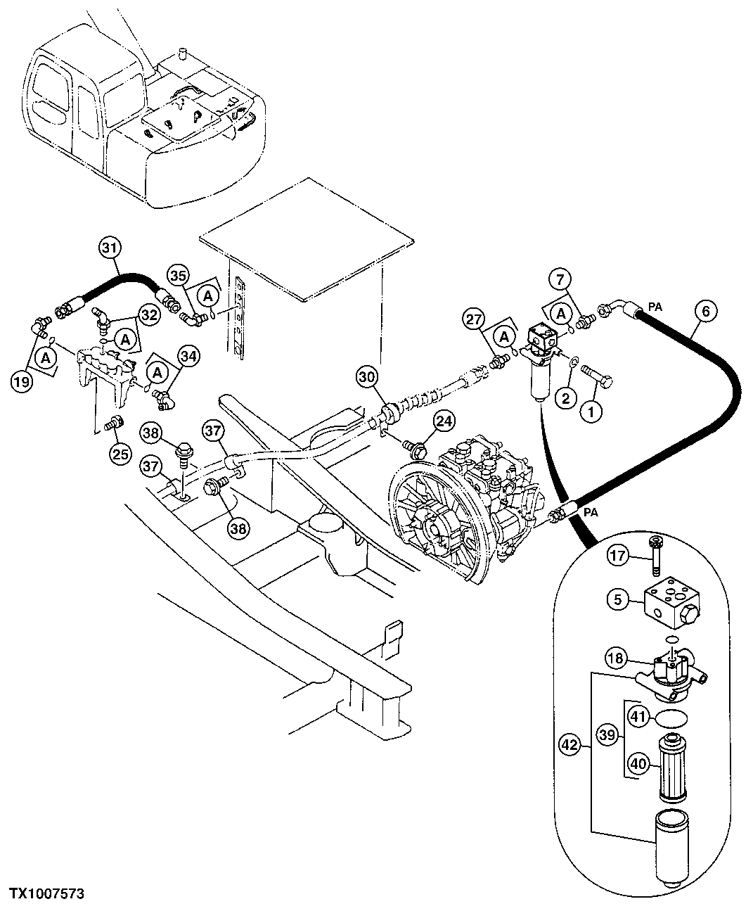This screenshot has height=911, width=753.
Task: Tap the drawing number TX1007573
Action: (46, 893)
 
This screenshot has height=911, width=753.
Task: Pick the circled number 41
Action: (638, 716)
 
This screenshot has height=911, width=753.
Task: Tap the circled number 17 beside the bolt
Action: (617, 556)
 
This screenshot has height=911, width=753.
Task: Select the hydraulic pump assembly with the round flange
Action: (464, 499)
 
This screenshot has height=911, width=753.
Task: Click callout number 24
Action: (444, 421)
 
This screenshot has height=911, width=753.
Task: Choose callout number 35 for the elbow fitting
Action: (179, 274)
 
